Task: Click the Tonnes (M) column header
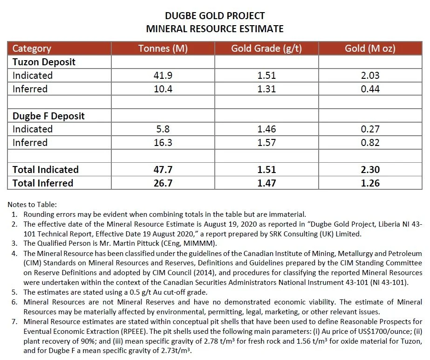point(163,48)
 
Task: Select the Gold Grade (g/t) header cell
point(266,48)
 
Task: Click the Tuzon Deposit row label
point(44,62)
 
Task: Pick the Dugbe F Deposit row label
point(48,116)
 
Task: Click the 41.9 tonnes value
point(163,76)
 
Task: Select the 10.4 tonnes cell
point(163,89)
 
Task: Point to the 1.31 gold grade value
point(266,89)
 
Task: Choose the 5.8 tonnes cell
point(163,129)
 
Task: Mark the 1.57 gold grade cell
point(266,142)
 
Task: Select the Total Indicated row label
point(46,169)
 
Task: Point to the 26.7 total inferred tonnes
point(163,183)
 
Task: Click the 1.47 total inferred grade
point(266,183)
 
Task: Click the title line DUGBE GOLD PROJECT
point(215,16)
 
